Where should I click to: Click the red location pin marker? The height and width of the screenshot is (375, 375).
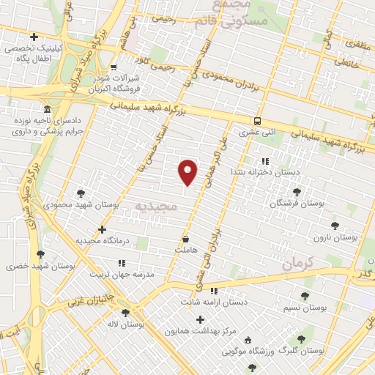coord(188,171)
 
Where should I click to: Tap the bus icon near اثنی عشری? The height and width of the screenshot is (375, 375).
coord(256,121)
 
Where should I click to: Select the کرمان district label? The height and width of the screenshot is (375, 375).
coord(297,261)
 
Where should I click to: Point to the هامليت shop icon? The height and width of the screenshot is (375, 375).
coord(185,239)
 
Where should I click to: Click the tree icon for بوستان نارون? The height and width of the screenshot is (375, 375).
coord(335,226)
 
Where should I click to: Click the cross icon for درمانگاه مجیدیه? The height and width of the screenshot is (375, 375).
coord(103,229)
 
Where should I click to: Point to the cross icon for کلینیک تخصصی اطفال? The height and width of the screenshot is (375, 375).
coord(34,37)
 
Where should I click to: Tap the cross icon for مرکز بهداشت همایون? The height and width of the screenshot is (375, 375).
coord(199,319)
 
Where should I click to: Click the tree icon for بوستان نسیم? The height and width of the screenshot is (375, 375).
coord(305,295)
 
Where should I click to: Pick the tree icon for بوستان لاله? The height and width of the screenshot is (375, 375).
coord(133,311)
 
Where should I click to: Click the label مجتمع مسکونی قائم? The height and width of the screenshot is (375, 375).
coord(233,16)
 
